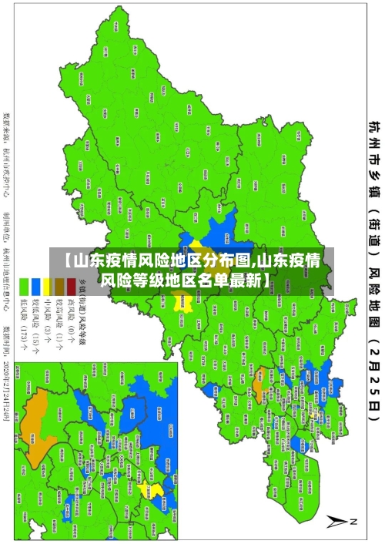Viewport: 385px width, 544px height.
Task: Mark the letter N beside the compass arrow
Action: tap(354, 522)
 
